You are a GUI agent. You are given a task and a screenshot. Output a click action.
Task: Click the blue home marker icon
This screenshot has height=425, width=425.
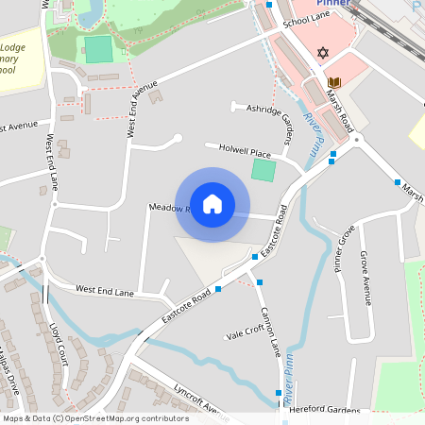pos(212,204)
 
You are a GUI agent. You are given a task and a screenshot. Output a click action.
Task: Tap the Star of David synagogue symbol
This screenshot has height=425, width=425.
pos(322,53)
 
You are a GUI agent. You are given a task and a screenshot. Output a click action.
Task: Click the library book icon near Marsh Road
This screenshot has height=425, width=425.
pos(332,82)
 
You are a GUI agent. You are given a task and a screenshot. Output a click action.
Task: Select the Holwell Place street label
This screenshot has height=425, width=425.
pos(245,151)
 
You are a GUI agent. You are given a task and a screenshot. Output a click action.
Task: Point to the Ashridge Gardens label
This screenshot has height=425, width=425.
pos(270,119)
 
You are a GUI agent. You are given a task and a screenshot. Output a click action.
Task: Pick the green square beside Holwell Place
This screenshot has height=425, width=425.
pos(263,171)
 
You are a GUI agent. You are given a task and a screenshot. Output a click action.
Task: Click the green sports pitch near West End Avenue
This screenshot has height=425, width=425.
pos(98,49)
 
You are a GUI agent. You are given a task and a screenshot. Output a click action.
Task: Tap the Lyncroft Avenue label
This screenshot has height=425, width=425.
pos(200,399)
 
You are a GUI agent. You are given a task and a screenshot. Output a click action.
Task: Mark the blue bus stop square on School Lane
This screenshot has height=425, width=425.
pos(269,5)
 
